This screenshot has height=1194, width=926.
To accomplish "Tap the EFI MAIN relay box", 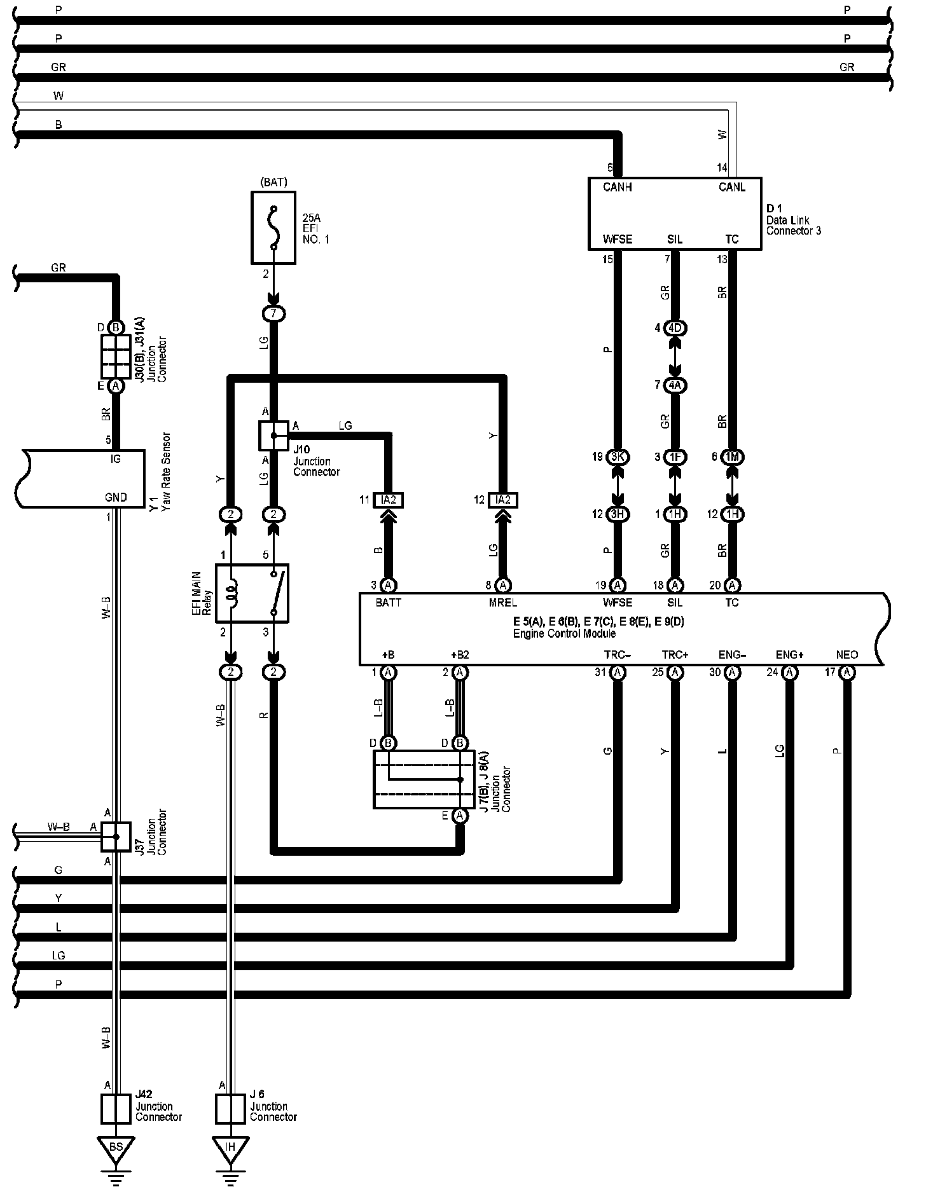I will pyautogui.click(x=252, y=593).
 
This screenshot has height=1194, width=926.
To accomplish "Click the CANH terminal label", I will pyautogui.click(x=617, y=188).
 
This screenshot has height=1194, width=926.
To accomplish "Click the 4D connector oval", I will pyautogui.click(x=675, y=328).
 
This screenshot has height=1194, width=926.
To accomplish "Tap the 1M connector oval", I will pyautogui.click(x=732, y=457).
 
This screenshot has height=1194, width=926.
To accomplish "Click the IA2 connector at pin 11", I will pyautogui.click(x=389, y=500).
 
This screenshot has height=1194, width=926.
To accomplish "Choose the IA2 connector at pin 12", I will pyautogui.click(x=503, y=500).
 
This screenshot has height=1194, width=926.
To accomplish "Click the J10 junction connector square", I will pyautogui.click(x=273, y=435).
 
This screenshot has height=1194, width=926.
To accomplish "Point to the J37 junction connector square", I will pyautogui.click(x=116, y=837).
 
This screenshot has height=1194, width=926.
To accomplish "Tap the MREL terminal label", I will pyautogui.click(x=502, y=603).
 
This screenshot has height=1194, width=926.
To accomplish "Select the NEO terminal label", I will pyautogui.click(x=847, y=655).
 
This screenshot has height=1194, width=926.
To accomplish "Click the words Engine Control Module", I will pyautogui.click(x=563, y=633).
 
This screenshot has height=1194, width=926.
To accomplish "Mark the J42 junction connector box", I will pyautogui.click(x=116, y=1109).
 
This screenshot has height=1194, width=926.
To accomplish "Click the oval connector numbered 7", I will pyautogui.click(x=273, y=313).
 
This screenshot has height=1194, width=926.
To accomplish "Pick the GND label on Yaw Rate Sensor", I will pyautogui.click(x=116, y=497).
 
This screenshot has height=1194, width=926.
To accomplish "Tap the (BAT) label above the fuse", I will pyautogui.click(x=273, y=182).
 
